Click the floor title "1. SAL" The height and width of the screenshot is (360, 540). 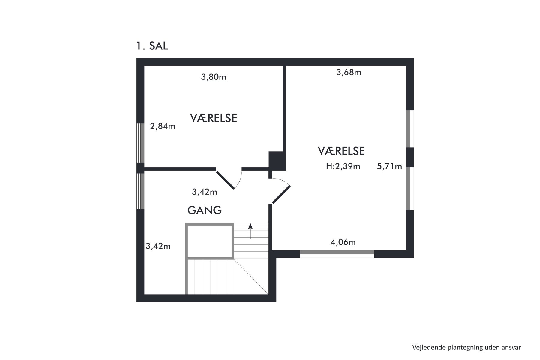pos(152,46)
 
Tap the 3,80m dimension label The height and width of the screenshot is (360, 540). pos(214,77)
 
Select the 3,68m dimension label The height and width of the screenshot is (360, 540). pos(349,72)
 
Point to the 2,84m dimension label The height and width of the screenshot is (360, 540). pos(163,126)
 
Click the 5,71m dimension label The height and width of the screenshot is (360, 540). pos(389,166)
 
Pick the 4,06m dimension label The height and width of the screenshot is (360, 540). pos(343,242)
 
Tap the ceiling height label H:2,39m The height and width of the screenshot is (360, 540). pos(343,166)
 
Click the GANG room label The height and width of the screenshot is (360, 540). pos(205,210)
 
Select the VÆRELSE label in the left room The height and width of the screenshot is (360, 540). pos(214,118)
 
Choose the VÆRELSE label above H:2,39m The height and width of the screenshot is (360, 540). pos(341,151)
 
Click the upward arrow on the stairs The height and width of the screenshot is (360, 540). pos(250,231)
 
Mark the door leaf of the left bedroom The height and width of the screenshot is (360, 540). pos(225,180)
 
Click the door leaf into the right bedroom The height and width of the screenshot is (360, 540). pos(281,195)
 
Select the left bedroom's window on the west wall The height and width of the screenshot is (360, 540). pos(140,143)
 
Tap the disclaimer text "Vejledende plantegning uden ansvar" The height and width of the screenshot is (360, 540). pos(466,347)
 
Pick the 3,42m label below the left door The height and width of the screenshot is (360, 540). pos(205,192)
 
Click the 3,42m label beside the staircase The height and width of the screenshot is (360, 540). pos(158,246)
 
